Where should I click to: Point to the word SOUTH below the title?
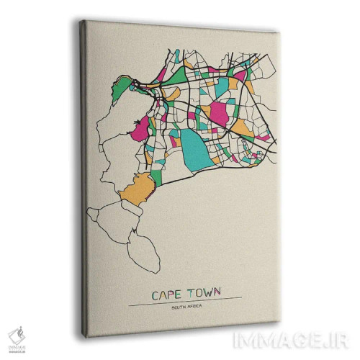(x=180, y=308)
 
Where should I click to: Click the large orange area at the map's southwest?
(x=136, y=190)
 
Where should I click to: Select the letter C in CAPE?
(x=155, y=294)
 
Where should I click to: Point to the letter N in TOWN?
(x=219, y=295)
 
